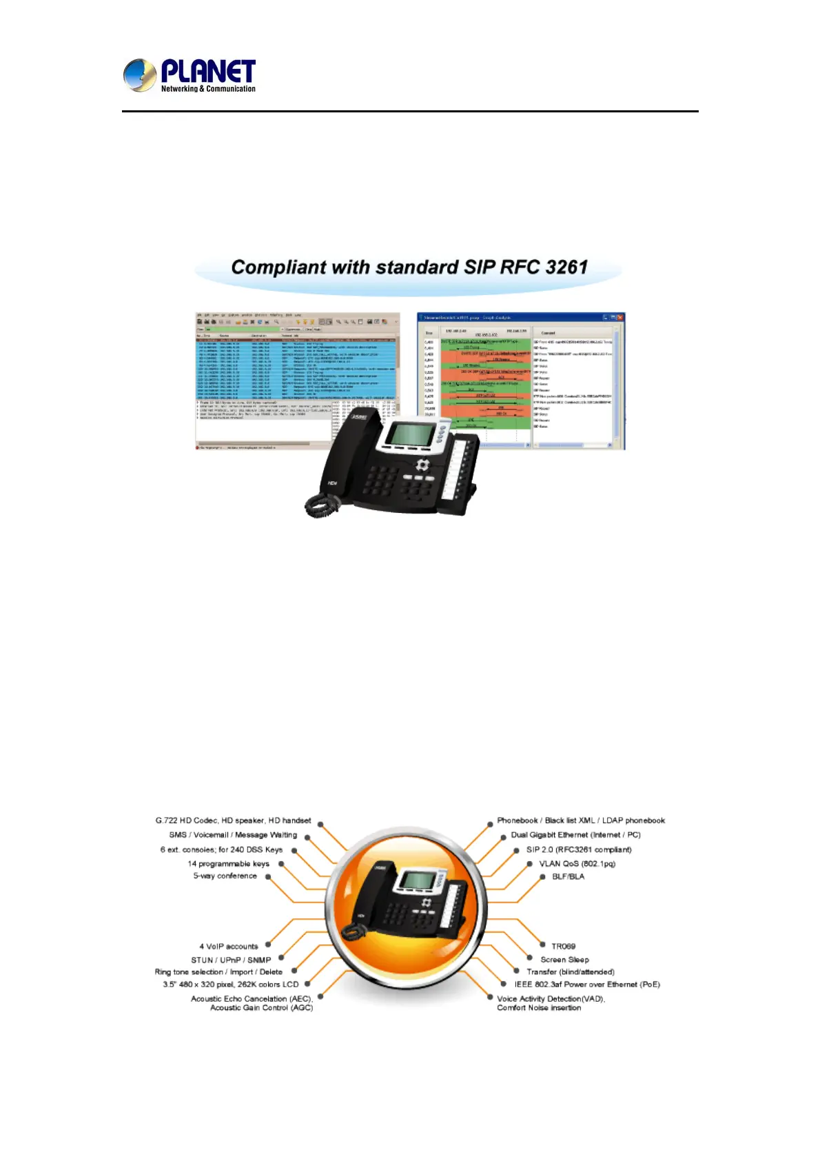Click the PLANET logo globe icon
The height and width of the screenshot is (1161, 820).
click(139, 75)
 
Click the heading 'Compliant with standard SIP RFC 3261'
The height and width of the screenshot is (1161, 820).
click(409, 267)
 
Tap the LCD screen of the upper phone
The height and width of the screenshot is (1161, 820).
click(411, 435)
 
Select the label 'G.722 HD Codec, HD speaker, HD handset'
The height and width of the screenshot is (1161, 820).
click(233, 820)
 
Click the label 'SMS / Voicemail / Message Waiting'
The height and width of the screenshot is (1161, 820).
click(233, 835)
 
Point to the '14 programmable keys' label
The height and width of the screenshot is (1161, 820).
click(228, 864)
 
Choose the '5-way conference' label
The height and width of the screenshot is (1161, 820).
click(225, 876)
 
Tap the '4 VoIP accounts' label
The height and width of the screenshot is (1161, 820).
click(229, 947)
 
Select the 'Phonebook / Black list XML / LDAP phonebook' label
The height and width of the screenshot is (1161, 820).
click(581, 820)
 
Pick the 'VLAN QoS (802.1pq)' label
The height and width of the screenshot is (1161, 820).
click(577, 864)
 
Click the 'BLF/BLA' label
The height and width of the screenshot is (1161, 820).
click(568, 877)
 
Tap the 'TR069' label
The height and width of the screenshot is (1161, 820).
click(563, 947)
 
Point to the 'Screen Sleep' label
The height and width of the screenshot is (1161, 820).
click(564, 960)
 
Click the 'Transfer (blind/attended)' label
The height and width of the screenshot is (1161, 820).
click(571, 972)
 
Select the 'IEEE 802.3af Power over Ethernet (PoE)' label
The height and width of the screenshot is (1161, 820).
click(587, 985)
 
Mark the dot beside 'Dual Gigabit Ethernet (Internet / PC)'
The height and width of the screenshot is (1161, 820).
click(504, 836)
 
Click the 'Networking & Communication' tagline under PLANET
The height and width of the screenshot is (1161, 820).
click(208, 89)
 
